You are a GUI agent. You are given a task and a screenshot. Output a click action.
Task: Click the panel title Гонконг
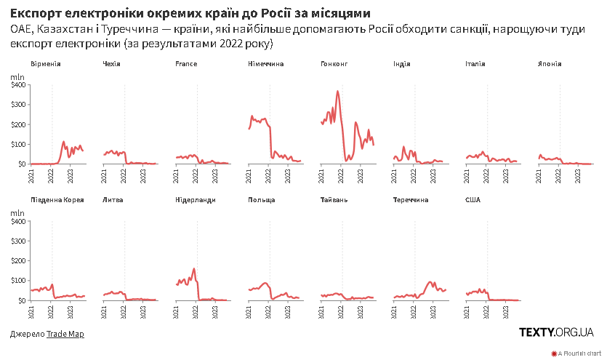click(x=334, y=64)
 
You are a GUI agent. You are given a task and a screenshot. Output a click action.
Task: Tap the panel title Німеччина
click(x=266, y=64)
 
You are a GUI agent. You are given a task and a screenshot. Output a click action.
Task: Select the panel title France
click(x=186, y=64)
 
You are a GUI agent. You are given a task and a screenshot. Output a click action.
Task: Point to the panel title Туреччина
click(x=410, y=200)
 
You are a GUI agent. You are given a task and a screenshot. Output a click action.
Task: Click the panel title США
click(x=473, y=200)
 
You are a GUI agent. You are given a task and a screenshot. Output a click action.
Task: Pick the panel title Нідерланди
click(x=196, y=200)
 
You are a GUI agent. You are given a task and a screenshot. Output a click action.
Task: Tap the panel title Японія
click(x=549, y=64)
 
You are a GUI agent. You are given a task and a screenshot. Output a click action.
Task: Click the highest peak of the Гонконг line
click(x=338, y=91)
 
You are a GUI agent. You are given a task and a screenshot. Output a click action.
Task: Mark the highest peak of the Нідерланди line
click(x=194, y=268)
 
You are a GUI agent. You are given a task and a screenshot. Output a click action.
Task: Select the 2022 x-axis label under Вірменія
click(x=51, y=175)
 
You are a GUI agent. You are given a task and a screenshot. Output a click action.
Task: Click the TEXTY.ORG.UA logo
click(x=556, y=332)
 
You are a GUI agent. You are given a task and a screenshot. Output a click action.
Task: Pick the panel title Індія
click(x=401, y=64)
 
